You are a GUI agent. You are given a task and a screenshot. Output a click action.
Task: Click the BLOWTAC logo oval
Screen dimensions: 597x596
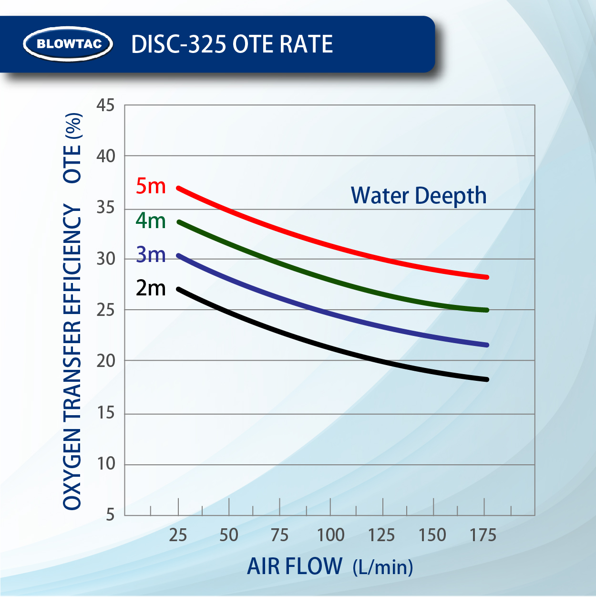68,44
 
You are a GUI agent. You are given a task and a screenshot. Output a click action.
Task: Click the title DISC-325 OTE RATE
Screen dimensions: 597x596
232,44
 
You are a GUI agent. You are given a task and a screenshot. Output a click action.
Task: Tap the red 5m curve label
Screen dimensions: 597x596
151,186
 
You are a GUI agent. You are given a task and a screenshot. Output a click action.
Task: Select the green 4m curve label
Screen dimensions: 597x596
151,220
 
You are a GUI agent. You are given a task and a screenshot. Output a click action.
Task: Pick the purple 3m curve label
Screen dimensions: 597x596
151,254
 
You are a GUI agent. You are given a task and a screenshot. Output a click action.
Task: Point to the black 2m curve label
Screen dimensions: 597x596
151,288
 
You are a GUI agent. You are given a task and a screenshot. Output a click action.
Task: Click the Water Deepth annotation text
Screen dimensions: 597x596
419,196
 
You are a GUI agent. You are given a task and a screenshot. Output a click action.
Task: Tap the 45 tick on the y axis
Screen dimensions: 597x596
106,105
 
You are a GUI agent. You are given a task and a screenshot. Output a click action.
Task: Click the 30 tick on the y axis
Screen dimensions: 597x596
106,259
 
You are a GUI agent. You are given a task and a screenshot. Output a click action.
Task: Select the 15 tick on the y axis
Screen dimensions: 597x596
106,412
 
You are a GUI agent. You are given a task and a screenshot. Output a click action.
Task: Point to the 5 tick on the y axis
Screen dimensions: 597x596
110,514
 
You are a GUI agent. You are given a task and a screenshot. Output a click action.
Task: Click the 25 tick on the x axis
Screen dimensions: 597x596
178,535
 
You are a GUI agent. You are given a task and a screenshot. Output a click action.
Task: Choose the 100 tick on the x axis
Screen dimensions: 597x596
330,535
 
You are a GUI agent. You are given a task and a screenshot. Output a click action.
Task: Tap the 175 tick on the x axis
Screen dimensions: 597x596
483,535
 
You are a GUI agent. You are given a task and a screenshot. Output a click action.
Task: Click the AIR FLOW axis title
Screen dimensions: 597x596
295,566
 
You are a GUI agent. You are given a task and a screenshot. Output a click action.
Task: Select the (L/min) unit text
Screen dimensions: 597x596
383,567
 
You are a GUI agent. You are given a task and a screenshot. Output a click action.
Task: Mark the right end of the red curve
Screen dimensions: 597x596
487,277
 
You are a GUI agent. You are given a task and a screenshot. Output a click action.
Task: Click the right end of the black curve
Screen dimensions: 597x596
487,379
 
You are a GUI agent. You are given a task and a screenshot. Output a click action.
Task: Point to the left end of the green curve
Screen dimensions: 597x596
179,222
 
